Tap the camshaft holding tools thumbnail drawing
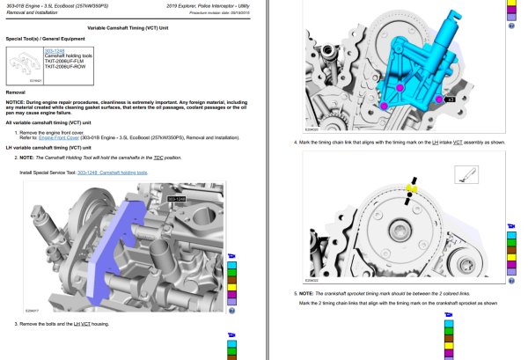click(x=26, y=65)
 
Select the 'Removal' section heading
click(x=15, y=91)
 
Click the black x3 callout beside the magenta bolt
click(x=450, y=100)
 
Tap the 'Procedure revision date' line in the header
click(x=221, y=14)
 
